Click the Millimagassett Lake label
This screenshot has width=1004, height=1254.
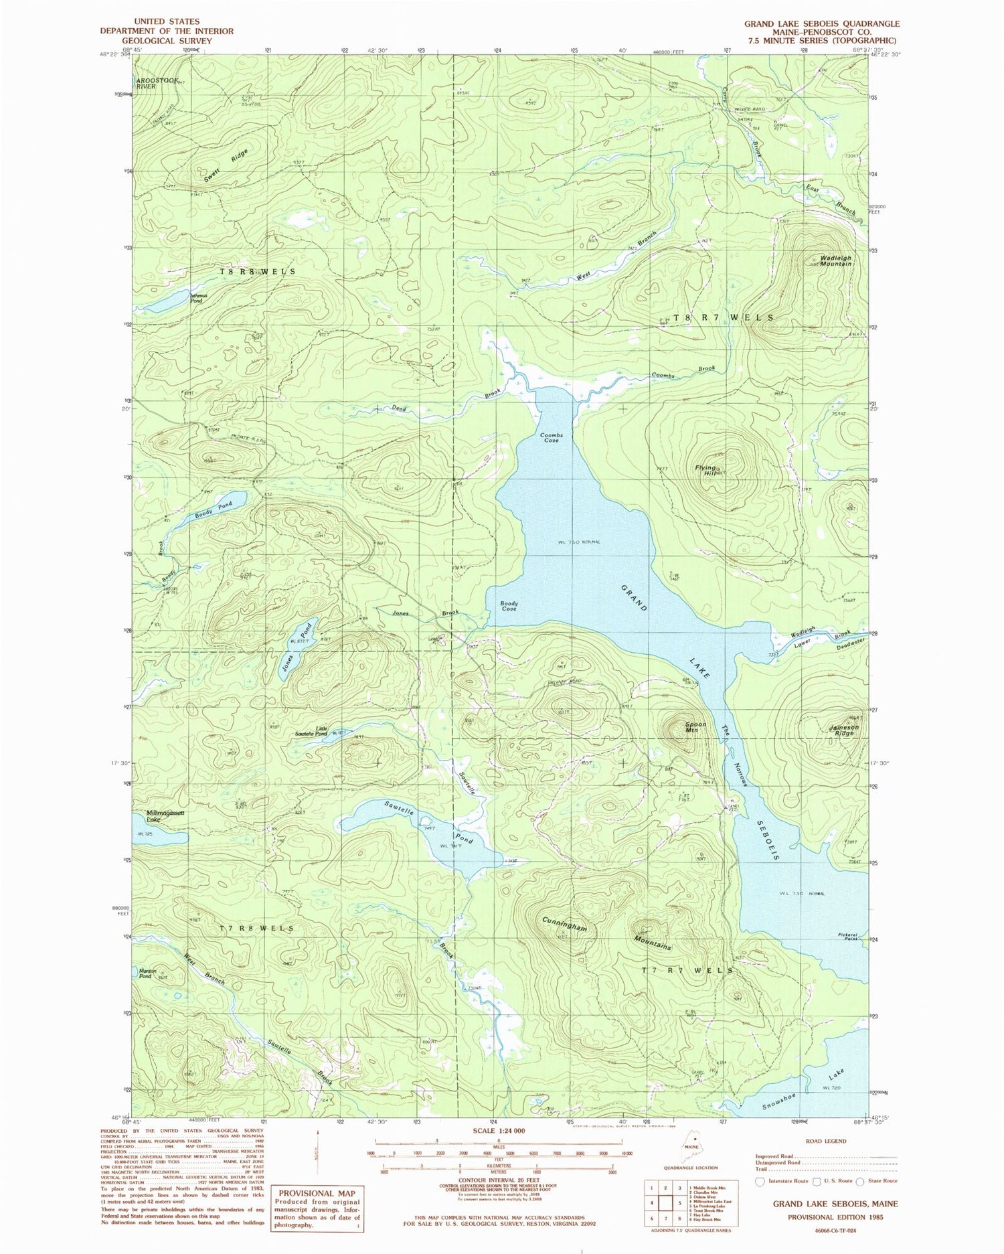coord(156,815)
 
